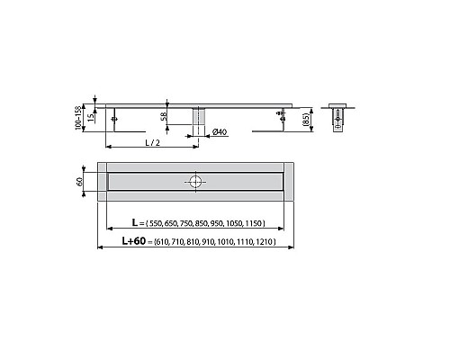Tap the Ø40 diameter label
(x=218, y=133)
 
